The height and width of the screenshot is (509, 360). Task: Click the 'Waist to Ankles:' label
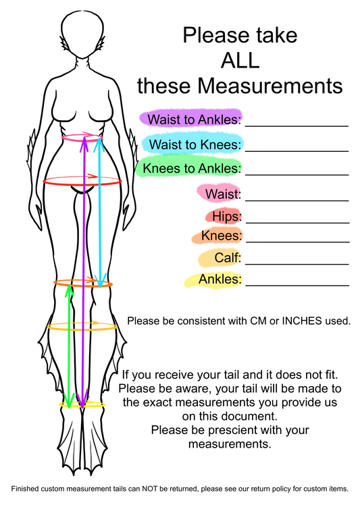pos(195,119)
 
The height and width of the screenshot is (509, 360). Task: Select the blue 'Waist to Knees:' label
pos(196,144)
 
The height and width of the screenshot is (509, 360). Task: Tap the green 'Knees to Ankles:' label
pos(192,169)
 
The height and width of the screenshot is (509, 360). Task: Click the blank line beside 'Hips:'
pos(298,223)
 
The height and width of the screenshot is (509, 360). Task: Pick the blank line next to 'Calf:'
pos(297,264)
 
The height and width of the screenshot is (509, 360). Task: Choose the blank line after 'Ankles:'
pos(297,286)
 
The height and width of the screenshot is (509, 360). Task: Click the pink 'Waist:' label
pos(223,194)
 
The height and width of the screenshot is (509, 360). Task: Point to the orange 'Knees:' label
pos(222,236)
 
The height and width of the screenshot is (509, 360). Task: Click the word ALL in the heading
pos(240,60)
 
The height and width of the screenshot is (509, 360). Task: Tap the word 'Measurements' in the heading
pos(270,86)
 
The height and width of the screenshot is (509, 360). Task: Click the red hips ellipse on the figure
pos(82,185)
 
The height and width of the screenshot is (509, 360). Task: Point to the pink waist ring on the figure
pos(82,140)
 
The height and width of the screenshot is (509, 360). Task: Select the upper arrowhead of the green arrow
pos(69,290)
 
